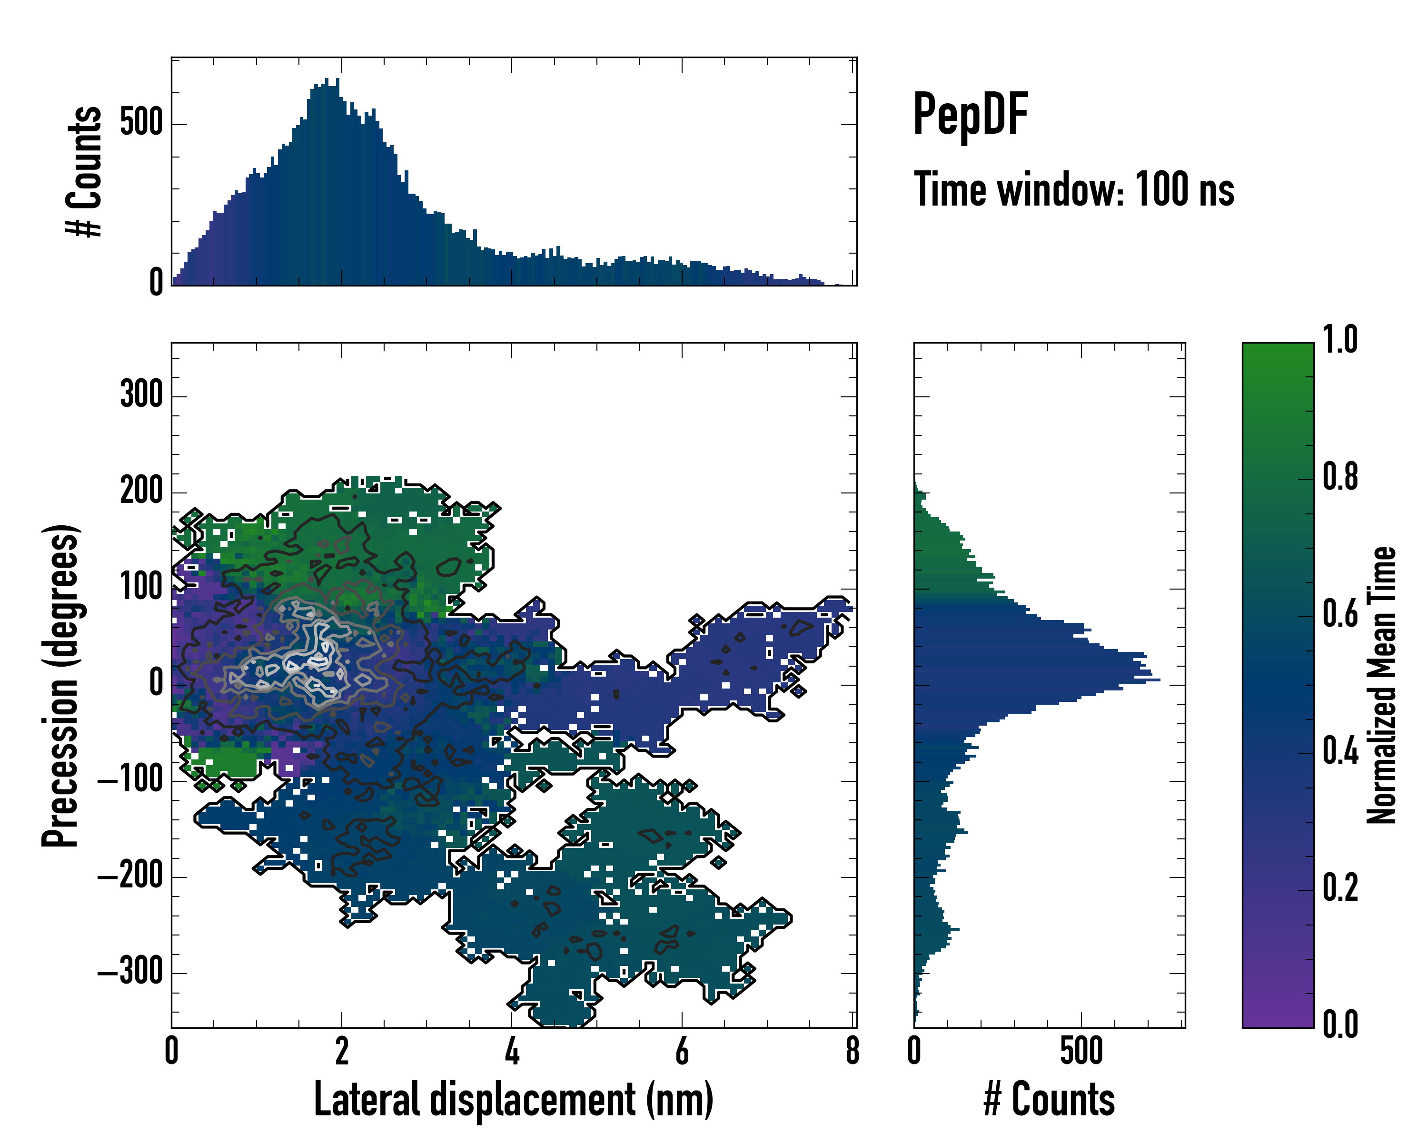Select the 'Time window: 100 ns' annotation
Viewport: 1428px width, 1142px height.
pyautogui.click(x=1074, y=189)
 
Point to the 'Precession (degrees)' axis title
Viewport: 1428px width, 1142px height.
pyautogui.click(x=61, y=685)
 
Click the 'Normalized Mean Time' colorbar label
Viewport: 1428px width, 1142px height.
pyautogui.click(x=1382, y=685)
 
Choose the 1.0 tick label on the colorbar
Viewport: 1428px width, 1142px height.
pyautogui.click(x=1340, y=340)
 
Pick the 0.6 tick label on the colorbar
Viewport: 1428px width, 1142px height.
pyautogui.click(x=1340, y=614)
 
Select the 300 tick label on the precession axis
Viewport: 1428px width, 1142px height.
pyautogui.click(x=141, y=395)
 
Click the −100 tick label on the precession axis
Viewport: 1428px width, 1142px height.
pyautogui.click(x=130, y=780)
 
